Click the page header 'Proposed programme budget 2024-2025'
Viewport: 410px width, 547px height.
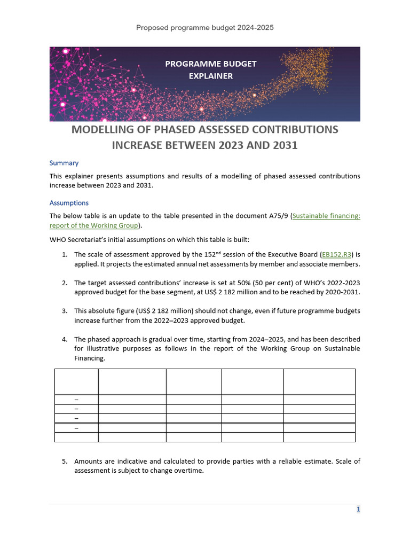[205, 27]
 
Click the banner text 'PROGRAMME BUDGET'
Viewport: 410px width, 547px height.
[210, 64]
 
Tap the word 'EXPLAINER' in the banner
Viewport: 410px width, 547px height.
[210, 76]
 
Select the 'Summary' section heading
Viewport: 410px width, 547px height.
[64, 163]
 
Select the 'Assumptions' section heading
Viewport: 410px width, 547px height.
[69, 203]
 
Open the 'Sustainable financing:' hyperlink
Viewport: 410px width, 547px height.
[327, 216]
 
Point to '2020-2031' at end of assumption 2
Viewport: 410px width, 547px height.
[343, 293]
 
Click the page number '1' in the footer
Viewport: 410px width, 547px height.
[359, 510]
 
